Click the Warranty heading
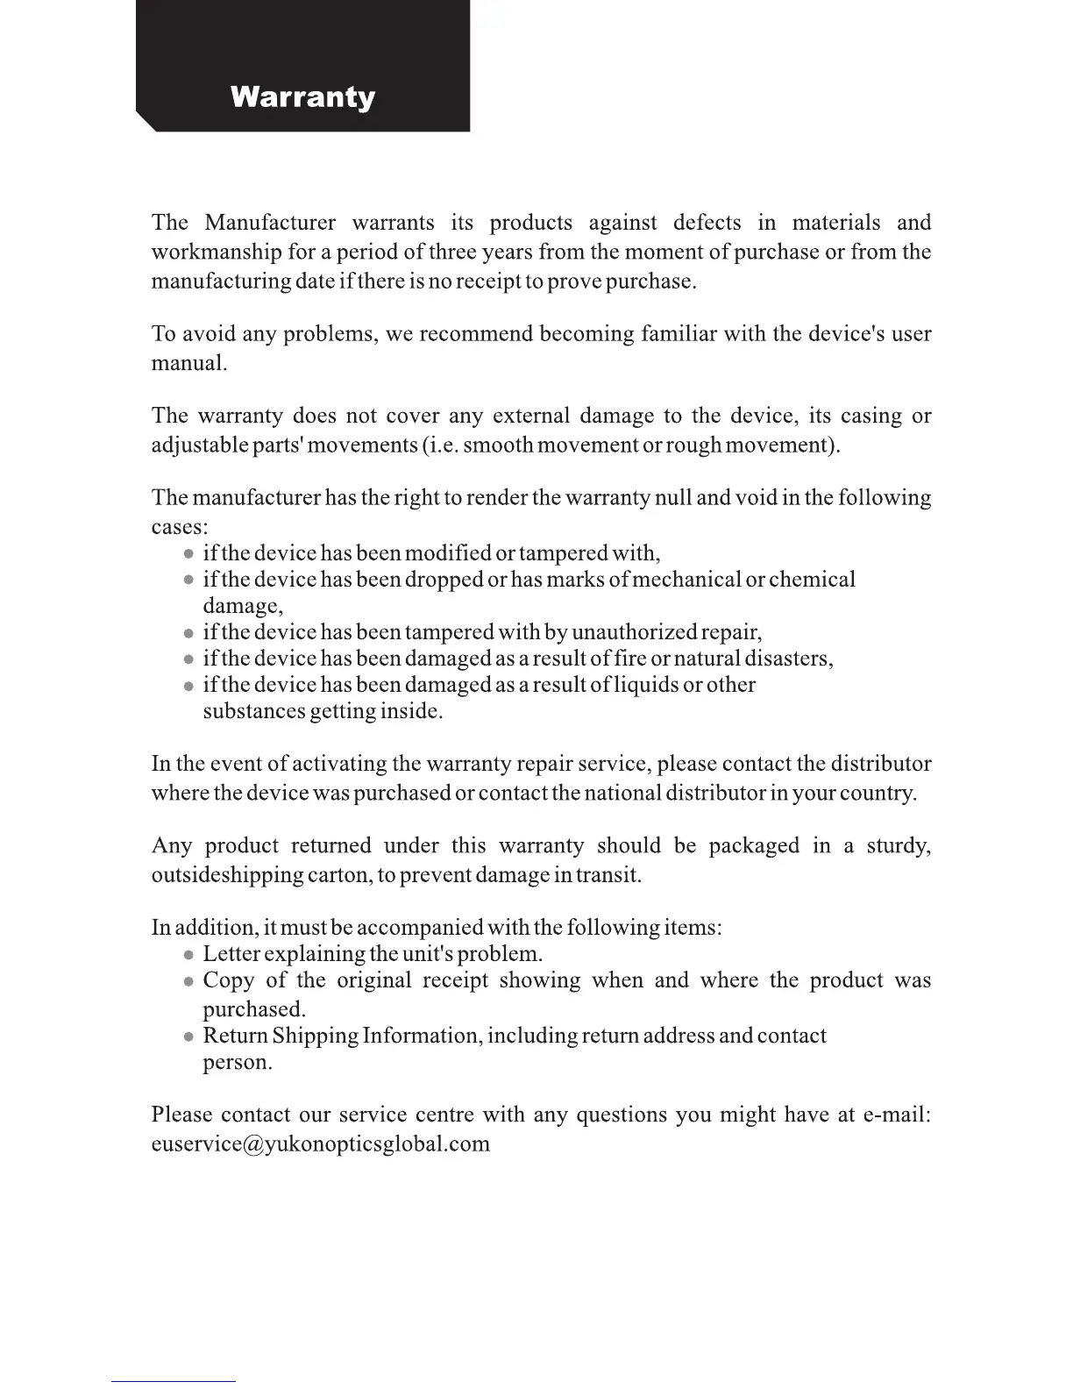pos(302,96)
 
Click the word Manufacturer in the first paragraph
pos(270,223)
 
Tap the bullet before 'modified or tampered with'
pos(188,554)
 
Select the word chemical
pos(812,580)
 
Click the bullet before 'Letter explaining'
pos(188,955)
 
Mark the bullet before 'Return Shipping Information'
pos(188,1036)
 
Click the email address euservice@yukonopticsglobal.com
pos(320,1144)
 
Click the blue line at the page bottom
pos(173,1381)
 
